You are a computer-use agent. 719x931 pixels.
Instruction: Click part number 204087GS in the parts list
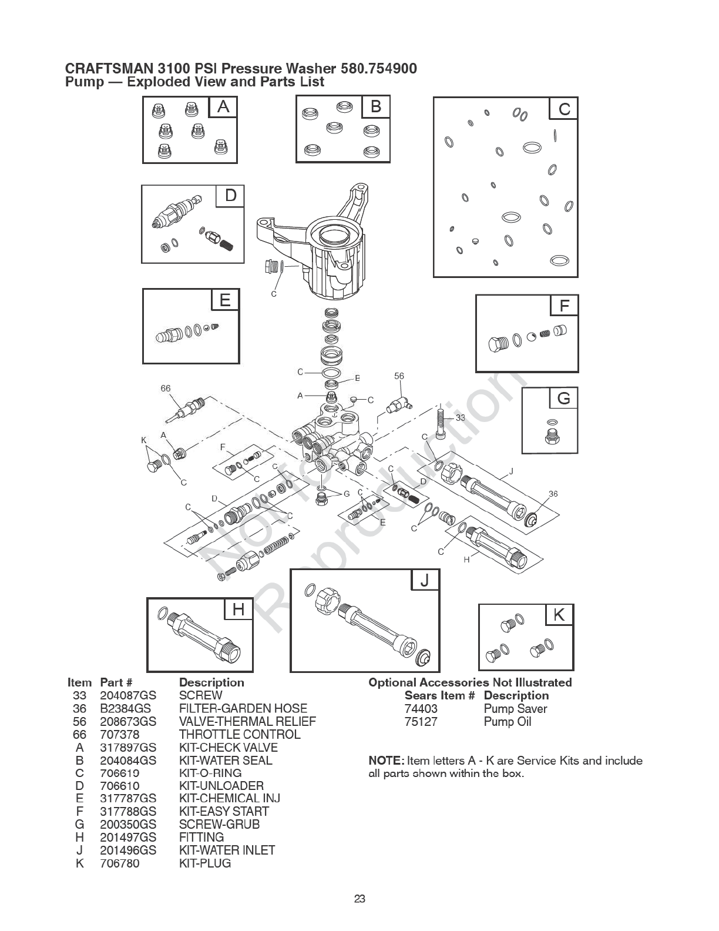tap(128, 695)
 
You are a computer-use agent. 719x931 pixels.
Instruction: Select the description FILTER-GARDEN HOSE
tap(243, 708)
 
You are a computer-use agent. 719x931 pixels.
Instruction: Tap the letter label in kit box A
tap(223, 107)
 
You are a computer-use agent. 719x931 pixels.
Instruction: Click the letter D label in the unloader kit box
tap(230, 195)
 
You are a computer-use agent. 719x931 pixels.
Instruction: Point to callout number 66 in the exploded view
tap(166, 388)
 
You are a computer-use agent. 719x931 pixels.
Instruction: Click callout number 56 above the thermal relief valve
tap(399, 376)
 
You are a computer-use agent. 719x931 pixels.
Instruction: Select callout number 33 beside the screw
tap(460, 418)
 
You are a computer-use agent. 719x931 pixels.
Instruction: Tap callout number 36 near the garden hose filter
tap(553, 494)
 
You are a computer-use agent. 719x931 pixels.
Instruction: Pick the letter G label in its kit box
tap(563, 398)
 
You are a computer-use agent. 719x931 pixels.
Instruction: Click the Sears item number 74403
tap(421, 709)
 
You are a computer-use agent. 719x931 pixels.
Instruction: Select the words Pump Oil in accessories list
tap(508, 722)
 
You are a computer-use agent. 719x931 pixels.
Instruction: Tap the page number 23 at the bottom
tap(360, 899)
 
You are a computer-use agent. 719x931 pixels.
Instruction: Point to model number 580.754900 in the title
tap(379, 69)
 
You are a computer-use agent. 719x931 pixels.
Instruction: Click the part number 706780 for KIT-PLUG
tap(120, 863)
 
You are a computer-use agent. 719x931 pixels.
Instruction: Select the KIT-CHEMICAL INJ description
tap(230, 798)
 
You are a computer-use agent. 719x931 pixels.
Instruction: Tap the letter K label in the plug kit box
tap(559, 615)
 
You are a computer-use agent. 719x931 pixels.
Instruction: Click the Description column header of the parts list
tap(211, 682)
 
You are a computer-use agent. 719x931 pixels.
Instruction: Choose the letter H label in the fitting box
tap(238, 610)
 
